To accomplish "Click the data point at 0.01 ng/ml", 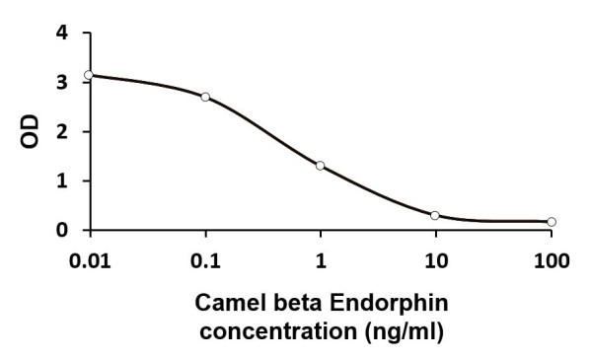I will (89, 75).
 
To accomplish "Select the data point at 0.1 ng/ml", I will (205, 97).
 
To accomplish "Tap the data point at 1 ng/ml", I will (320, 166).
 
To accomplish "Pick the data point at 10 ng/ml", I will (435, 215).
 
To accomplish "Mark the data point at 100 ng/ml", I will (552, 222).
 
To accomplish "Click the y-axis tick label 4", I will (63, 33).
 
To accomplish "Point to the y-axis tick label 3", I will (63, 82).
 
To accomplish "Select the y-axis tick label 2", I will (63, 131).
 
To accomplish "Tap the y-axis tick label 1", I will (63, 180).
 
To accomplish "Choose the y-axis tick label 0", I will (63, 230).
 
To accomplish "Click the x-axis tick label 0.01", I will (90, 261).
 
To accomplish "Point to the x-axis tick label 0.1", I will (205, 261).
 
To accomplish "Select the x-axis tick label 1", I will (321, 261).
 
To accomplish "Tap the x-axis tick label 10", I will (436, 261).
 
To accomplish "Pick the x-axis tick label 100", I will (551, 261).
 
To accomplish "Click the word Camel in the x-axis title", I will (226, 305).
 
